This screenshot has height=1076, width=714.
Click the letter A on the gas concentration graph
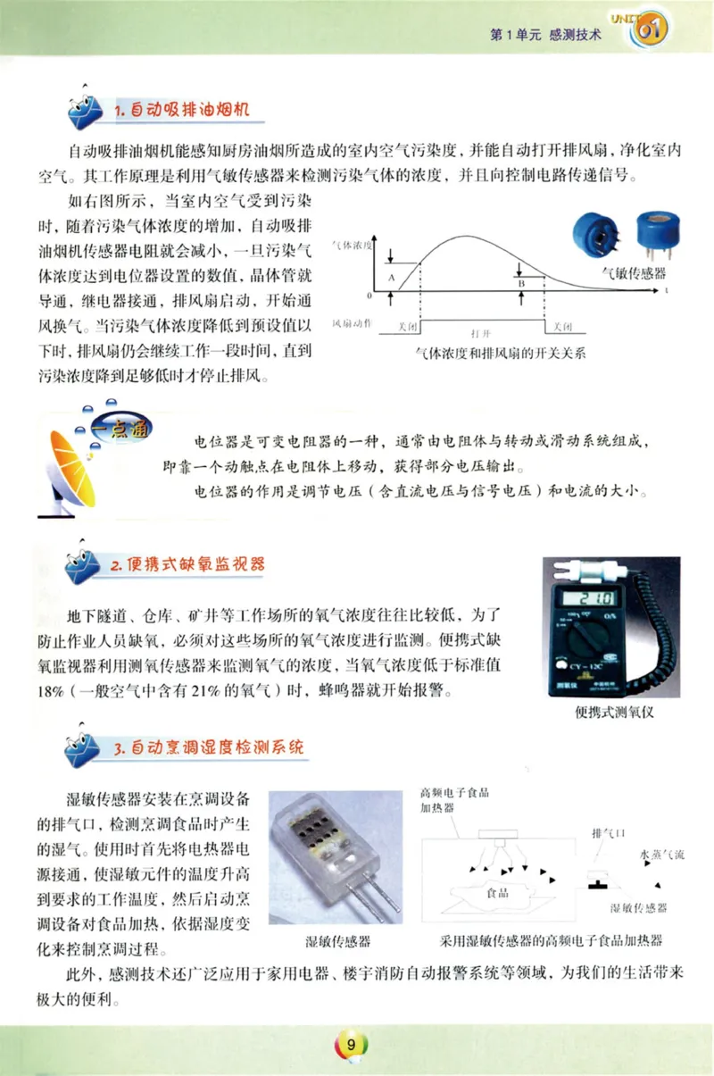(392, 279)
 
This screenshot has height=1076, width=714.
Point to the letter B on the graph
(520, 282)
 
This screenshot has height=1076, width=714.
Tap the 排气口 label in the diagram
(609, 833)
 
